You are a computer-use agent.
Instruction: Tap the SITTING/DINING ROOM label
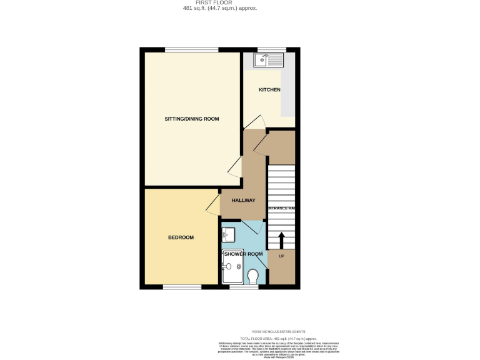click(192, 119)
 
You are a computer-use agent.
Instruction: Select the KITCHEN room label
click(269, 90)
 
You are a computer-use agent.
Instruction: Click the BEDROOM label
click(181, 237)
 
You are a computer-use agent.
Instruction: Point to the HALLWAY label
click(244, 201)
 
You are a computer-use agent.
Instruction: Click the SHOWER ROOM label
click(243, 254)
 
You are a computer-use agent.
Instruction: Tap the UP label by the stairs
click(281, 257)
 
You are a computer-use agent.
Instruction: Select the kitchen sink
click(268, 60)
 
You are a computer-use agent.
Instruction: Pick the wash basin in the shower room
click(228, 234)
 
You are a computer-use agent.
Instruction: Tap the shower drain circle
click(239, 267)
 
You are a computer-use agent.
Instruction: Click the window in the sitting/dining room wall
click(191, 49)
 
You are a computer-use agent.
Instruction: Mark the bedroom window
click(182, 287)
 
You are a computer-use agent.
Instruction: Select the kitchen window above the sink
click(272, 49)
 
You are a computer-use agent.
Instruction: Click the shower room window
click(243, 287)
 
